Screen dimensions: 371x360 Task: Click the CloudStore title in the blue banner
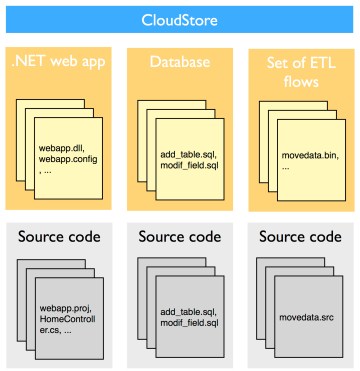[x=180, y=19]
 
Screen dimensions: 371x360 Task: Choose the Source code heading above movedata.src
[x=300, y=238]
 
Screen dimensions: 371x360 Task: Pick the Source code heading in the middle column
[x=179, y=238]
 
